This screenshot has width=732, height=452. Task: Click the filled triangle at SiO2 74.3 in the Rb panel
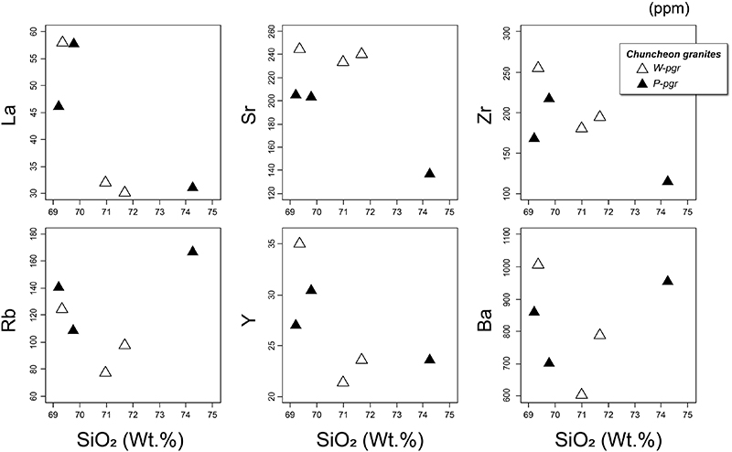[x=192, y=252]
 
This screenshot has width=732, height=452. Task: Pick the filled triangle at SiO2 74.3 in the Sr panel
[x=429, y=174]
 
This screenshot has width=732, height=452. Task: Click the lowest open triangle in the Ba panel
[x=581, y=394]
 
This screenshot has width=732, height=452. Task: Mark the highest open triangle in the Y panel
[x=299, y=243]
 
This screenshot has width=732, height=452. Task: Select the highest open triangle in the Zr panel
[x=538, y=68]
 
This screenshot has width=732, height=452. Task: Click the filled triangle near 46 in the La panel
[x=59, y=106]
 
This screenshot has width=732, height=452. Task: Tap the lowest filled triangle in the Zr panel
[x=667, y=181]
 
